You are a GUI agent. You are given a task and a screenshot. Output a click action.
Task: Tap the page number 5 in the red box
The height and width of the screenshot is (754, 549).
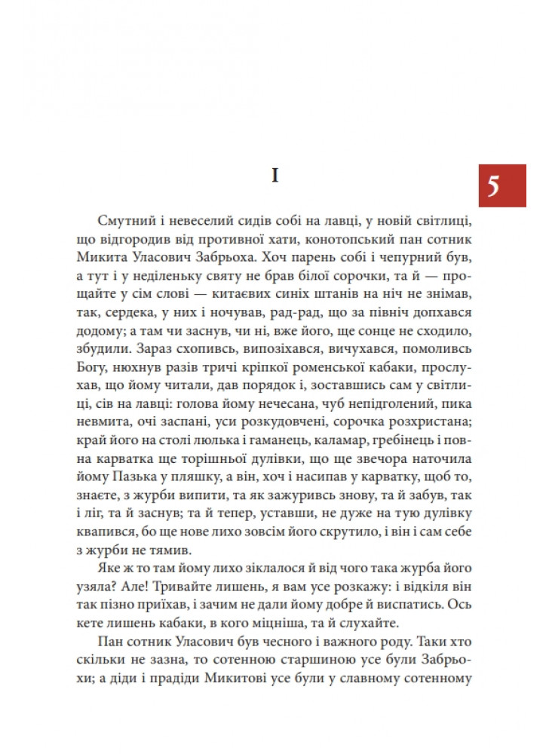click(x=493, y=185)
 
